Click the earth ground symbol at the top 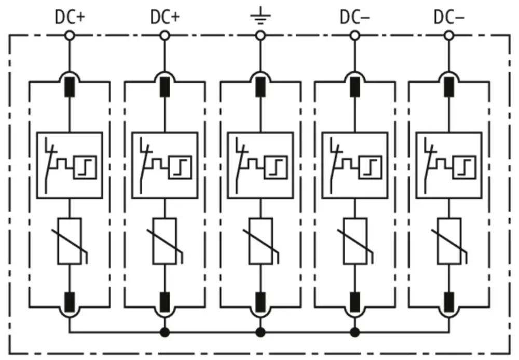coord(260,19)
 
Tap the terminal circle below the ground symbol coord(260,35)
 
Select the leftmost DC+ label coord(69,17)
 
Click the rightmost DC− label coord(449,17)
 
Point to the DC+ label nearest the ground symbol coord(165,17)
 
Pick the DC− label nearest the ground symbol coord(355,17)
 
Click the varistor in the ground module coord(260,241)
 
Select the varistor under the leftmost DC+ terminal coord(70,241)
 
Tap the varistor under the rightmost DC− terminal coord(449,241)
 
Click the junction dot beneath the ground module coord(260,331)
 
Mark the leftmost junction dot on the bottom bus coord(165,331)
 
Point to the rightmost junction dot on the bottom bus coord(355,331)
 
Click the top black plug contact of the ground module coord(260,87)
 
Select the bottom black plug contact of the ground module coord(260,300)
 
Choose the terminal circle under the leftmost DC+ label coord(70,35)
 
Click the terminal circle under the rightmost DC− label coord(449,35)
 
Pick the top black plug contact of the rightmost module coord(449,87)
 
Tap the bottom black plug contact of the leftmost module coord(70,300)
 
